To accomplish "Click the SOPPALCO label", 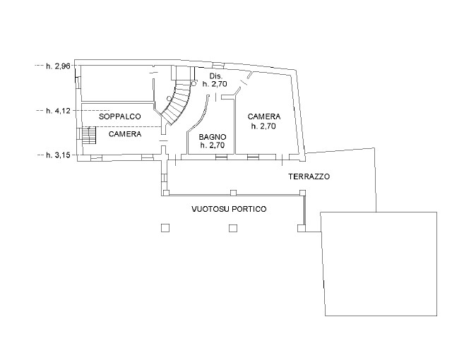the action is (120, 116).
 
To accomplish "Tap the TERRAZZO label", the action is (309, 176).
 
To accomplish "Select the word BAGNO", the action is (213, 137).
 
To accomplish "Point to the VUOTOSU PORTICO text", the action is (229, 209).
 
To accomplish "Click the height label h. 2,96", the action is (59, 66).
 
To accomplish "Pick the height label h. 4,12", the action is (59, 111).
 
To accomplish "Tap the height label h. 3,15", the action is (59, 155).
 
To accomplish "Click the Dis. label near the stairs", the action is (216, 76).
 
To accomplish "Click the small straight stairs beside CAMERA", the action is (89, 136).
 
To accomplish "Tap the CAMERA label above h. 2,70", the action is (264, 116).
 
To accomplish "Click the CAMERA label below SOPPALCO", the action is (125, 134).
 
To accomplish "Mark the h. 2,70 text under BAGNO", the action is (213, 145).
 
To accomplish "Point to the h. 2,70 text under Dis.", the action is (215, 84).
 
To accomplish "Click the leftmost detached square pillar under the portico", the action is (165, 228).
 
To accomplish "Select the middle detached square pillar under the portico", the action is (233, 228).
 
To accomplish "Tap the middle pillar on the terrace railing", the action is (234, 193).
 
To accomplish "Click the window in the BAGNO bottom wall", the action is (221, 157).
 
